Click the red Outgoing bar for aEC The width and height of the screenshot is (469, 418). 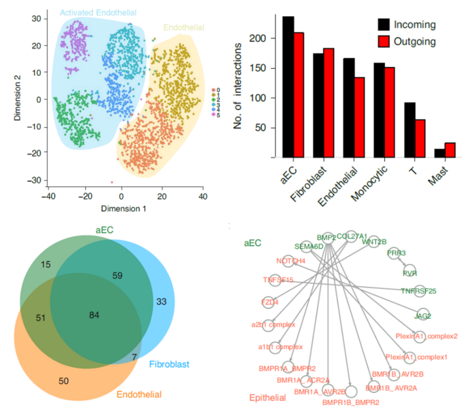(x=300, y=95)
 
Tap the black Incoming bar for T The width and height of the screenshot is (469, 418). (x=410, y=130)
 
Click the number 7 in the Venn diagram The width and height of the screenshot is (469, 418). (x=135, y=357)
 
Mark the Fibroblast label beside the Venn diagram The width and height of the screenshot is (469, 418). (x=169, y=363)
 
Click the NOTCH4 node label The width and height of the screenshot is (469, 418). (x=291, y=261)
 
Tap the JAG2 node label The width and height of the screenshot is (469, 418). (x=422, y=316)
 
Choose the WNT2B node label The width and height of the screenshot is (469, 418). (x=374, y=241)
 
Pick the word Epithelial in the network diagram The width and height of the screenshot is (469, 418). (x=267, y=398)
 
